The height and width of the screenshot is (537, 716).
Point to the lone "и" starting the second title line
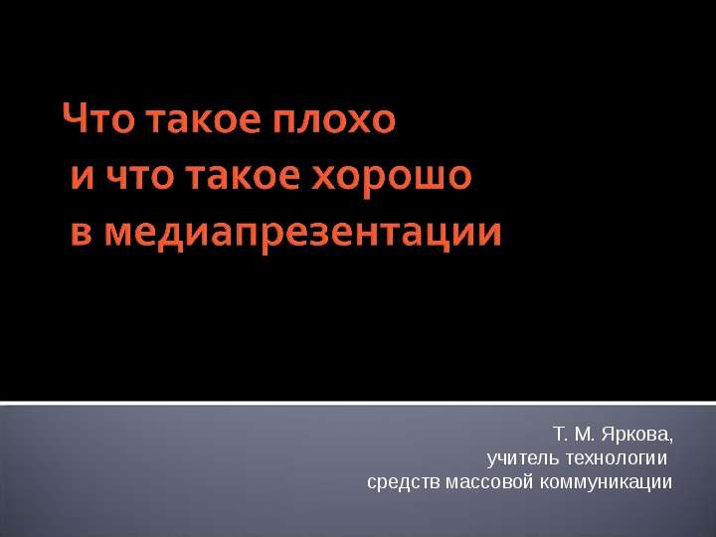coord(83,176)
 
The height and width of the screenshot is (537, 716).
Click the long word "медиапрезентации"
coord(302,236)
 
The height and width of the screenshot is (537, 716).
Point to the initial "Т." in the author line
coord(560,434)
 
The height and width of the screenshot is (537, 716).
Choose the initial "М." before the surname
coord(585,434)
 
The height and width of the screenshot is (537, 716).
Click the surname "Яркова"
coord(634,435)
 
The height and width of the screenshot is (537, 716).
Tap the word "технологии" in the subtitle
coord(617,458)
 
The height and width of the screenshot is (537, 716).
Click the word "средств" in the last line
coord(404,482)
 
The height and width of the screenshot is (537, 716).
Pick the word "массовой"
coord(489,482)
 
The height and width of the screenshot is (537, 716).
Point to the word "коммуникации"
coord(606,483)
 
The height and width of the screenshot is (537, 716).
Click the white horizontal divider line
coord(358,404)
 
